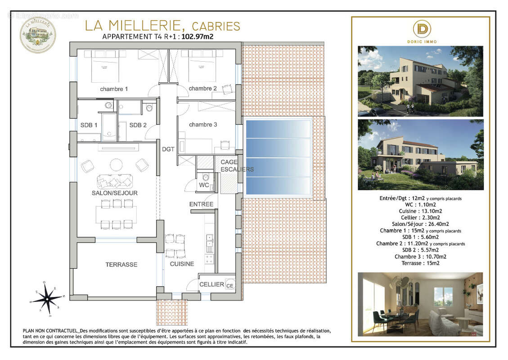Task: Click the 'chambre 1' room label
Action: click(114, 89)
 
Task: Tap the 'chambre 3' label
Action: click(203, 125)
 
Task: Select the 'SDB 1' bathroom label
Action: click(89, 125)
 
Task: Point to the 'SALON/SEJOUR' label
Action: click(115, 193)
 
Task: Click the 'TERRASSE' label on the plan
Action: click(121, 265)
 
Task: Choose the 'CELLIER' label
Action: click(211, 284)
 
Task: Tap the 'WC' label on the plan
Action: click(204, 185)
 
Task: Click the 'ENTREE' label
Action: click(201, 204)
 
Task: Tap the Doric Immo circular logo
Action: click(423, 29)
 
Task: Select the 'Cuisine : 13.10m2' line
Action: click(420, 211)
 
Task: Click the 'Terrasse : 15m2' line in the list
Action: click(420, 263)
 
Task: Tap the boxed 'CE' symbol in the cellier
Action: click(229, 286)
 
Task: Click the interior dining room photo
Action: click(420, 304)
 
